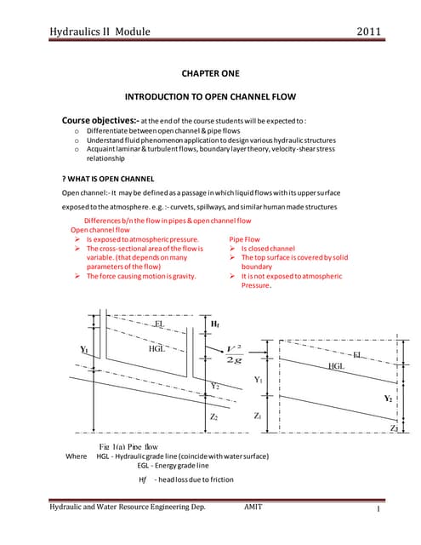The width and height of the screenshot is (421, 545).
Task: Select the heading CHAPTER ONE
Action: pyautogui.click(x=210, y=74)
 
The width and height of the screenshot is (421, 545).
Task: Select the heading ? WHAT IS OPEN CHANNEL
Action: pyautogui.click(x=100, y=179)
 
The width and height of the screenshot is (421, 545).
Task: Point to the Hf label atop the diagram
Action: pyautogui.click(x=215, y=324)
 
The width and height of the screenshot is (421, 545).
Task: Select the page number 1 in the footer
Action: pyautogui.click(x=375, y=510)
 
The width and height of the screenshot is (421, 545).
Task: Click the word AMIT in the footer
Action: pyautogui.click(x=253, y=507)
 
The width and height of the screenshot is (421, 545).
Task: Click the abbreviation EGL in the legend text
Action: pyautogui.click(x=146, y=467)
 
